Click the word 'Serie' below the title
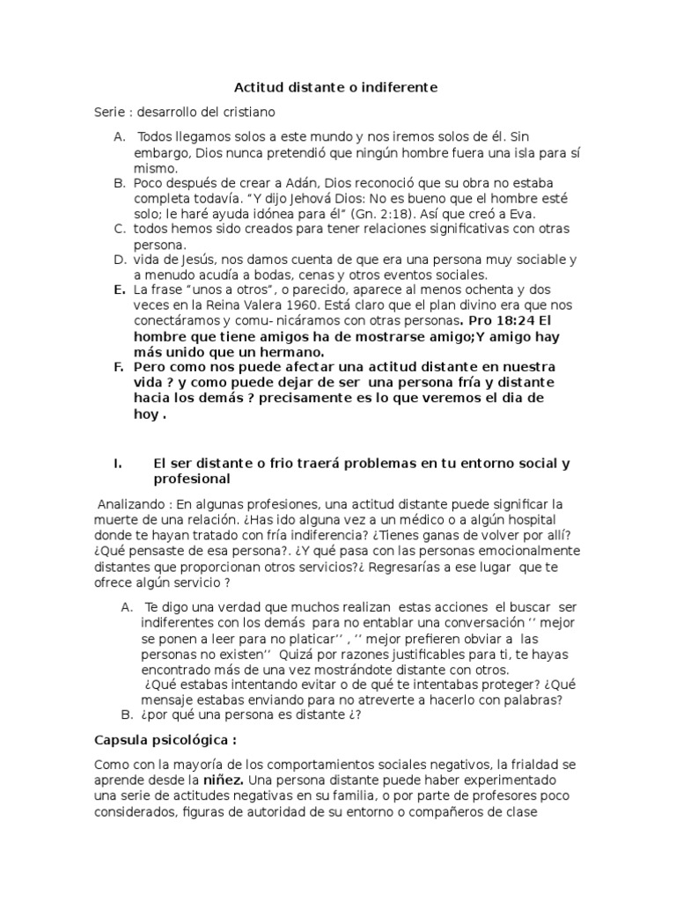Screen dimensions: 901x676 (x=111, y=113)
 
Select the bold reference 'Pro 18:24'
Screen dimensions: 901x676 (x=503, y=320)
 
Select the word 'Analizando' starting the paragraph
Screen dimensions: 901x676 (x=130, y=504)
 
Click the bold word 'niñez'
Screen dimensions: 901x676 (x=224, y=780)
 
